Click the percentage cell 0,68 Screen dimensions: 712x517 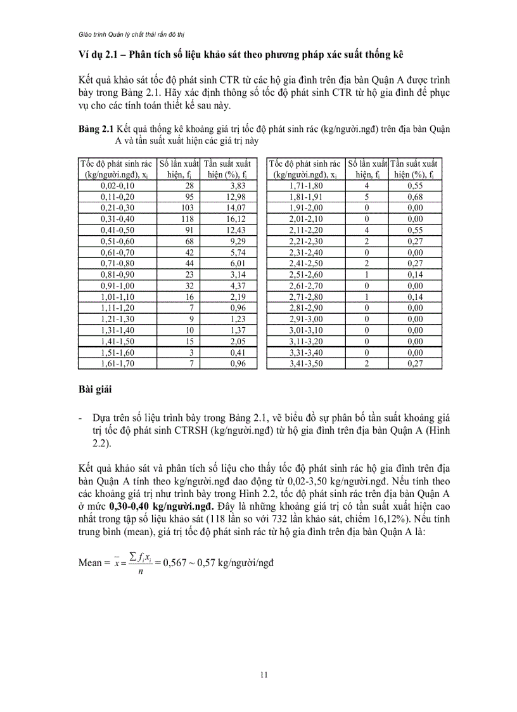click(416, 197)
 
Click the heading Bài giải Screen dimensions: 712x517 click(94, 389)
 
